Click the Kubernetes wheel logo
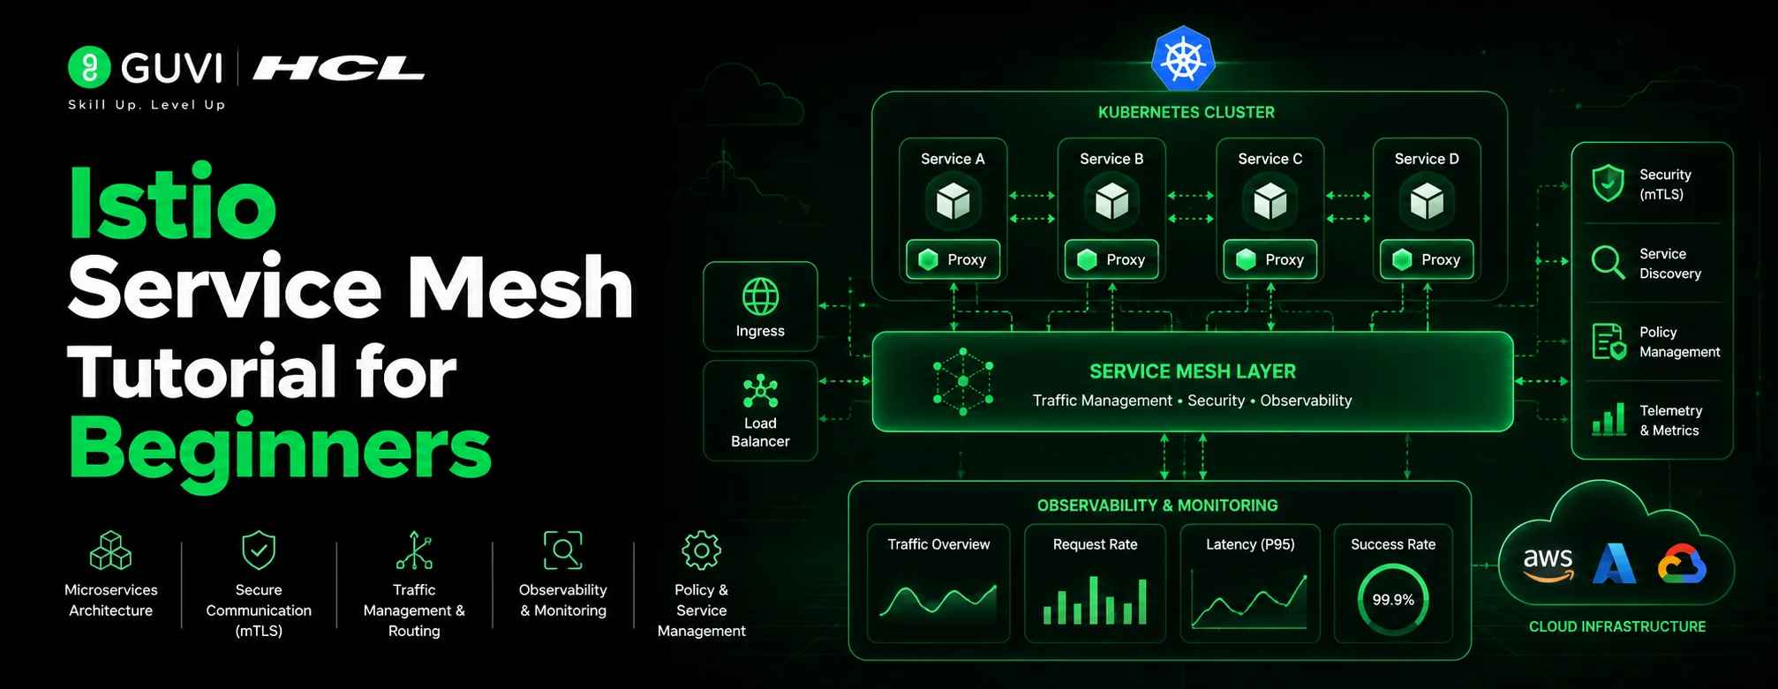1183,59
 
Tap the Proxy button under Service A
953,259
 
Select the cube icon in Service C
1270,201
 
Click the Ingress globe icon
760,296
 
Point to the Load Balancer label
760,432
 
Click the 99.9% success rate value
1393,600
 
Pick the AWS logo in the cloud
1548,565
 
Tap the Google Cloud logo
1682,564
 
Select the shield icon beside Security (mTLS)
1608,183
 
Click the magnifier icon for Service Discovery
1608,262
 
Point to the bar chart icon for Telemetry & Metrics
1608,419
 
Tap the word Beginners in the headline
280,448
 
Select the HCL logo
339,68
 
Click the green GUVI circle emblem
89,67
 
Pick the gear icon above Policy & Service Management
701,550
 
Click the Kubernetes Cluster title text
1187,112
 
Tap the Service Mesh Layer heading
1193,371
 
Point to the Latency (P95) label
1250,544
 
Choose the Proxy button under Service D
1427,259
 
